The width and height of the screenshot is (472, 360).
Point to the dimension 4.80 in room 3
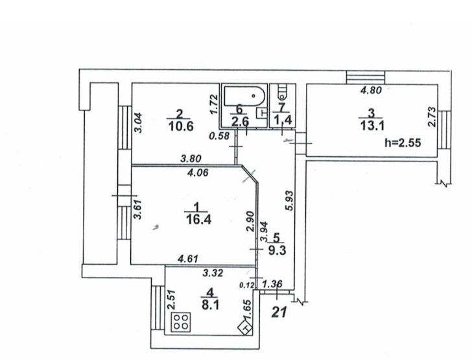373,91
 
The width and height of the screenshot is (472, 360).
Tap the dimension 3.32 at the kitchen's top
213,273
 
